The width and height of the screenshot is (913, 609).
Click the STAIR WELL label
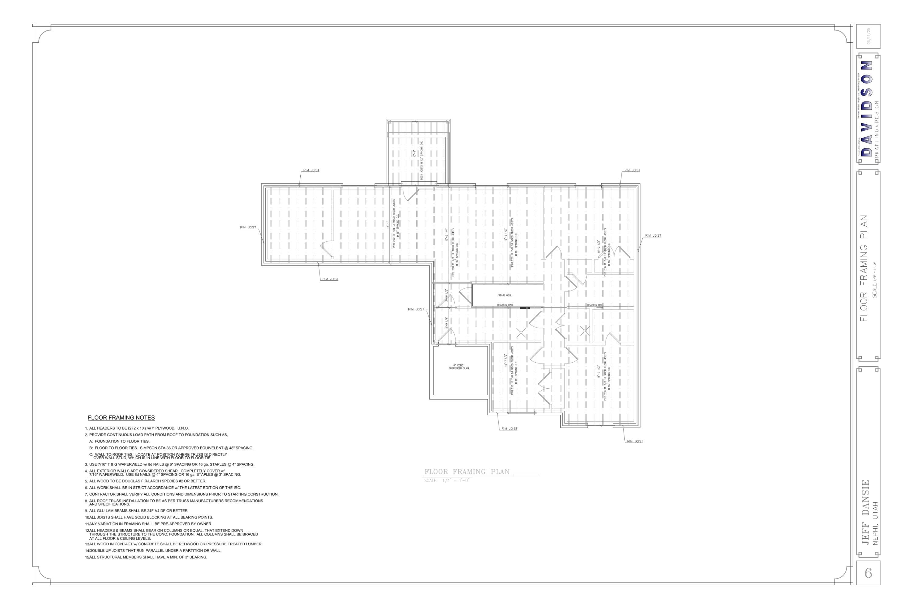coord(505,295)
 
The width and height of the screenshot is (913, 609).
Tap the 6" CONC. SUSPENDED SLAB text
coord(458,367)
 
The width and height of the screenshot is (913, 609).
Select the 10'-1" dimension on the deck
coord(414,154)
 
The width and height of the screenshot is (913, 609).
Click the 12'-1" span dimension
coord(387,225)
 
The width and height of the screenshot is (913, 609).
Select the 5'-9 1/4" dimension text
coord(446,323)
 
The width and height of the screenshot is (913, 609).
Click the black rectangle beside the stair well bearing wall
coord(525,308)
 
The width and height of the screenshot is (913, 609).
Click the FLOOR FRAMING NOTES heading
coord(121,418)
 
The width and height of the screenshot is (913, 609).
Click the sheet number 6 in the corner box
coord(868,573)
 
